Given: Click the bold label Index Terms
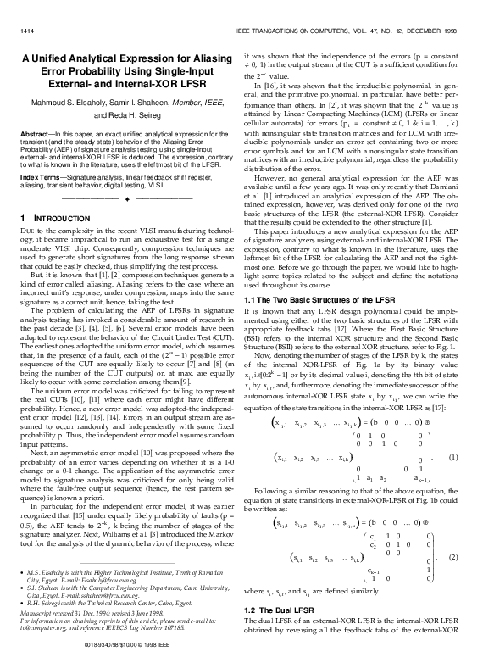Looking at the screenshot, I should (40, 176).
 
